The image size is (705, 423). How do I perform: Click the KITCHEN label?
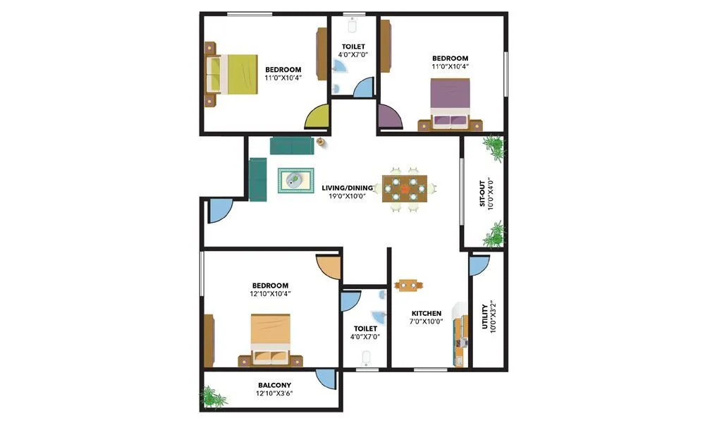(x=427, y=314)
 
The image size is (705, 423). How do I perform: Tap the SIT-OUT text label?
(x=483, y=192)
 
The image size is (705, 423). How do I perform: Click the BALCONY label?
(x=274, y=385)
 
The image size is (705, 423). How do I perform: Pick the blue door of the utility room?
(x=479, y=264)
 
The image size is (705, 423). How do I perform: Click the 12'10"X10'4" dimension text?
(x=271, y=293)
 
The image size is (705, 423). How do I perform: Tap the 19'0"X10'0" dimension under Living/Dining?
(x=345, y=197)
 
